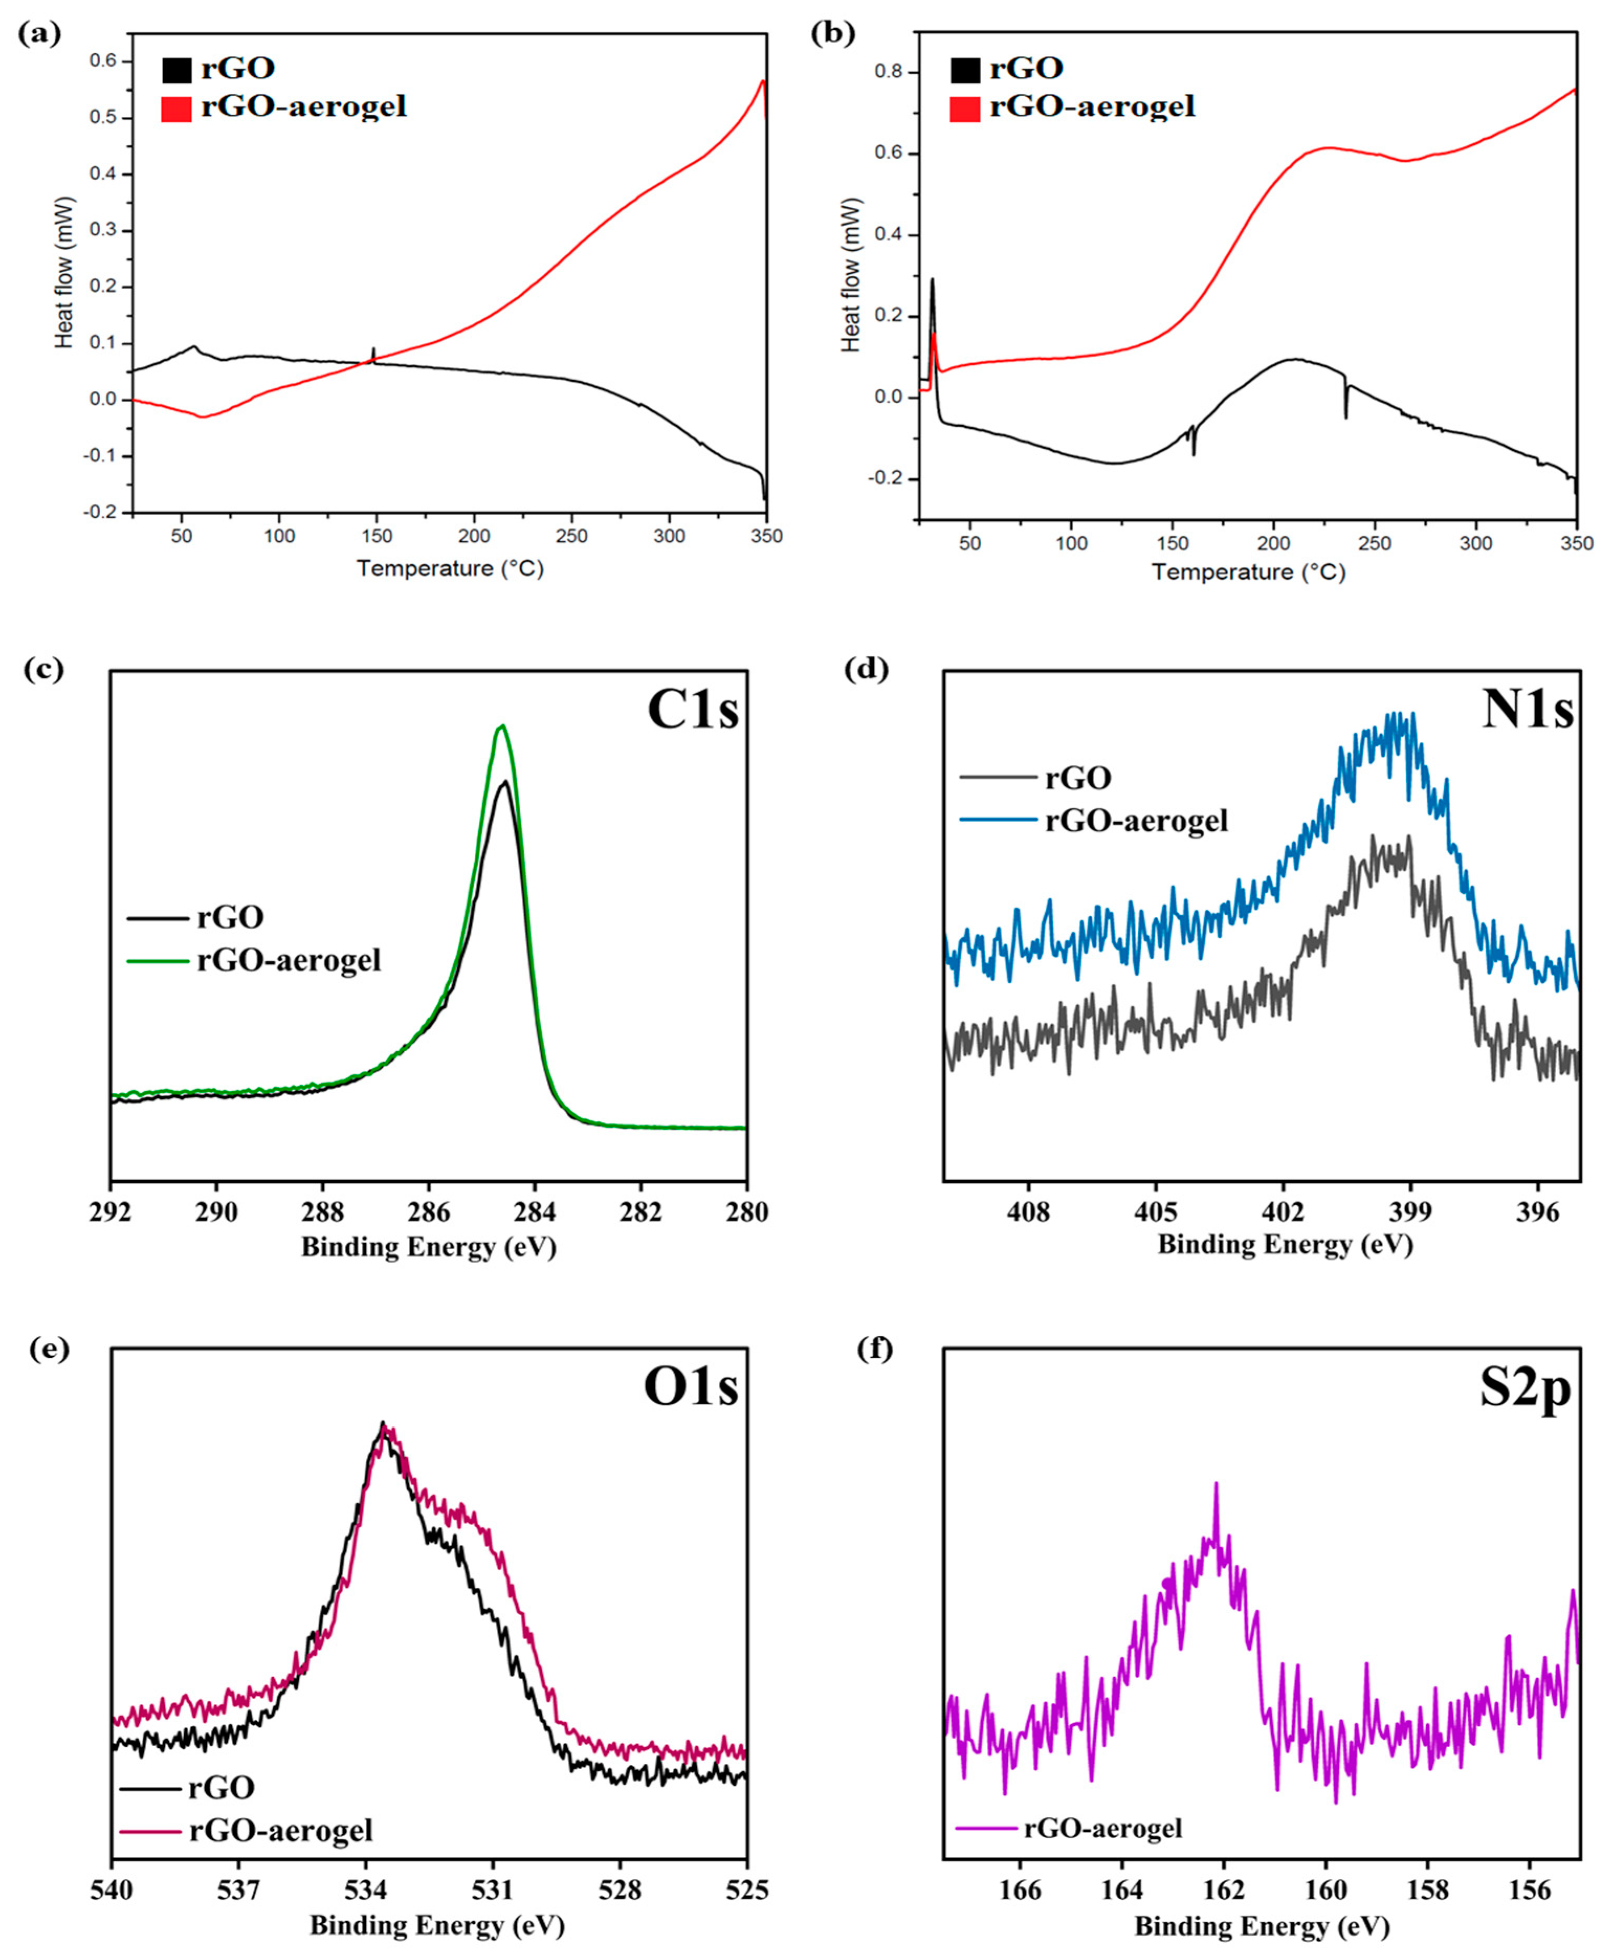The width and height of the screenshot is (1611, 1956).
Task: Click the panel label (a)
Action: click(x=39, y=35)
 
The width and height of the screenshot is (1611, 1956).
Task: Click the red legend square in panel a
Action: click(x=176, y=108)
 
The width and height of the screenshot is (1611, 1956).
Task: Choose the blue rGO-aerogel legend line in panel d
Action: click(x=997, y=819)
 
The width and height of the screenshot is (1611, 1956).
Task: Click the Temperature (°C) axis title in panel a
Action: click(x=450, y=568)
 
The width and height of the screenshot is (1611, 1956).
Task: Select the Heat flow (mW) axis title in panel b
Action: click(x=851, y=275)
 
